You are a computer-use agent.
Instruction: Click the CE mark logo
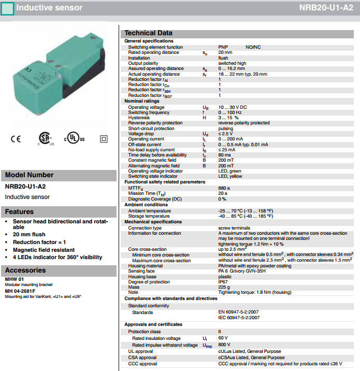coord(16,138)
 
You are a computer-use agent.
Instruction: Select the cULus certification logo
coord(75,139)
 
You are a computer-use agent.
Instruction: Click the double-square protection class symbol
coord(103,139)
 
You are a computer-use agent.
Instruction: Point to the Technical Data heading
coord(148,33)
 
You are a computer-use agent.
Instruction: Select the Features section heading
coord(19,211)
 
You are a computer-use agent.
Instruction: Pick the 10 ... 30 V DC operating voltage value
coord(233,107)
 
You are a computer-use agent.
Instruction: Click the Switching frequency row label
coord(149,112)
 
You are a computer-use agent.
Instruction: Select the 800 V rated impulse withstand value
coord(224,345)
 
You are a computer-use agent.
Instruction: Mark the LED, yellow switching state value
coord(230,177)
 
